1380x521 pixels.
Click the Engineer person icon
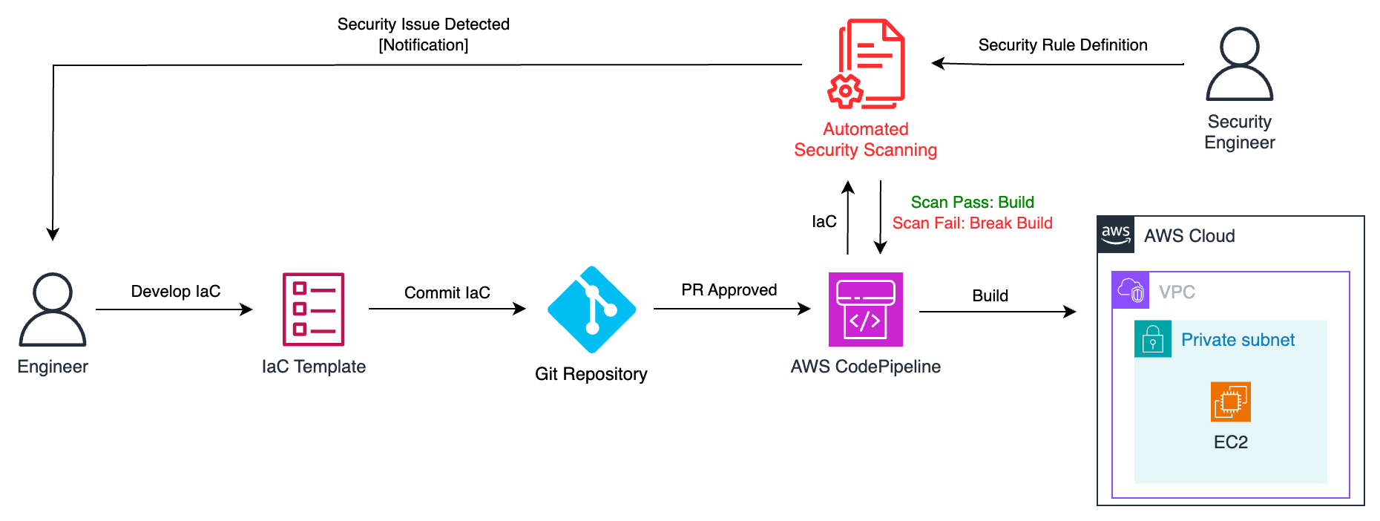click(53, 309)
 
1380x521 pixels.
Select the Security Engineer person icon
click(1239, 64)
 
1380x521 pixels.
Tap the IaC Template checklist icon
click(313, 309)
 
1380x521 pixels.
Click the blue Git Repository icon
click(591, 309)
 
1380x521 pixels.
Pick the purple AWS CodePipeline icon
click(866, 309)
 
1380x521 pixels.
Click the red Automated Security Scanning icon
click(866, 64)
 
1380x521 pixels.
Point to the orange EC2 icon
click(1231, 402)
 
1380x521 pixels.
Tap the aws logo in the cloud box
click(1116, 235)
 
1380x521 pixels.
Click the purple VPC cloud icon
click(1131, 290)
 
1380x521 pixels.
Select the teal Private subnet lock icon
click(1153, 339)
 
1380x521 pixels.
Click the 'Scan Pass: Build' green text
click(972, 202)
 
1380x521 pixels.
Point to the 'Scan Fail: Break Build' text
click(972, 223)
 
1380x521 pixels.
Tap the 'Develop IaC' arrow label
click(176, 291)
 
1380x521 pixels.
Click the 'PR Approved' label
click(729, 289)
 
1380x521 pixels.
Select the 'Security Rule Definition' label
click(1062, 45)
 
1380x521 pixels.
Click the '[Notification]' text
click(424, 45)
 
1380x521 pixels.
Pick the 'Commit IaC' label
click(447, 292)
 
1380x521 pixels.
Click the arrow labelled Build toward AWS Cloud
click(997, 312)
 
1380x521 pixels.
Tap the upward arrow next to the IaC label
click(848, 217)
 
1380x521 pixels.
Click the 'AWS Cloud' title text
click(1189, 235)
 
